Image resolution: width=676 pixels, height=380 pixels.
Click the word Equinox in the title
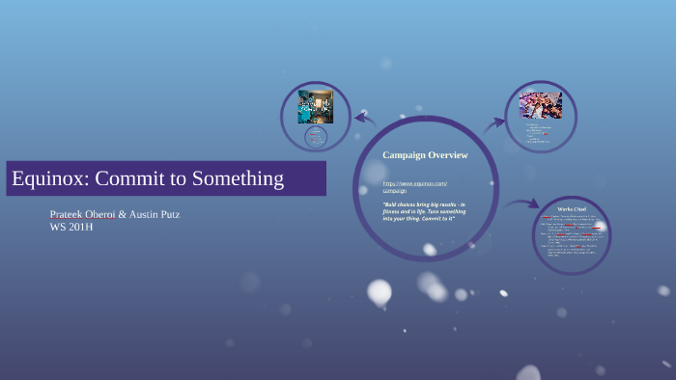[x=47, y=178]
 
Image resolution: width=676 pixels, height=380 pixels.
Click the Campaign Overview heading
[x=425, y=155]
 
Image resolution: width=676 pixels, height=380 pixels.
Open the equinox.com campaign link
[x=414, y=186]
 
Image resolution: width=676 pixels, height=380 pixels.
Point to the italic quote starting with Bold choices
[x=424, y=212]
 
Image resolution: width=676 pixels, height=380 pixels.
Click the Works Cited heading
[x=572, y=209]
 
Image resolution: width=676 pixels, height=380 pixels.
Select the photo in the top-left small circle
[x=315, y=105]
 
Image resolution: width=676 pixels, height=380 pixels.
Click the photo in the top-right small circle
[x=541, y=105]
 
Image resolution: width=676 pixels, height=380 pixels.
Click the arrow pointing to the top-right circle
[x=495, y=123]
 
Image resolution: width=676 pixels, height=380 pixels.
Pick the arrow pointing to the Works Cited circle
[x=523, y=204]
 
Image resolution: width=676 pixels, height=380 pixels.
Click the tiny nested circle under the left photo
[x=316, y=137]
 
